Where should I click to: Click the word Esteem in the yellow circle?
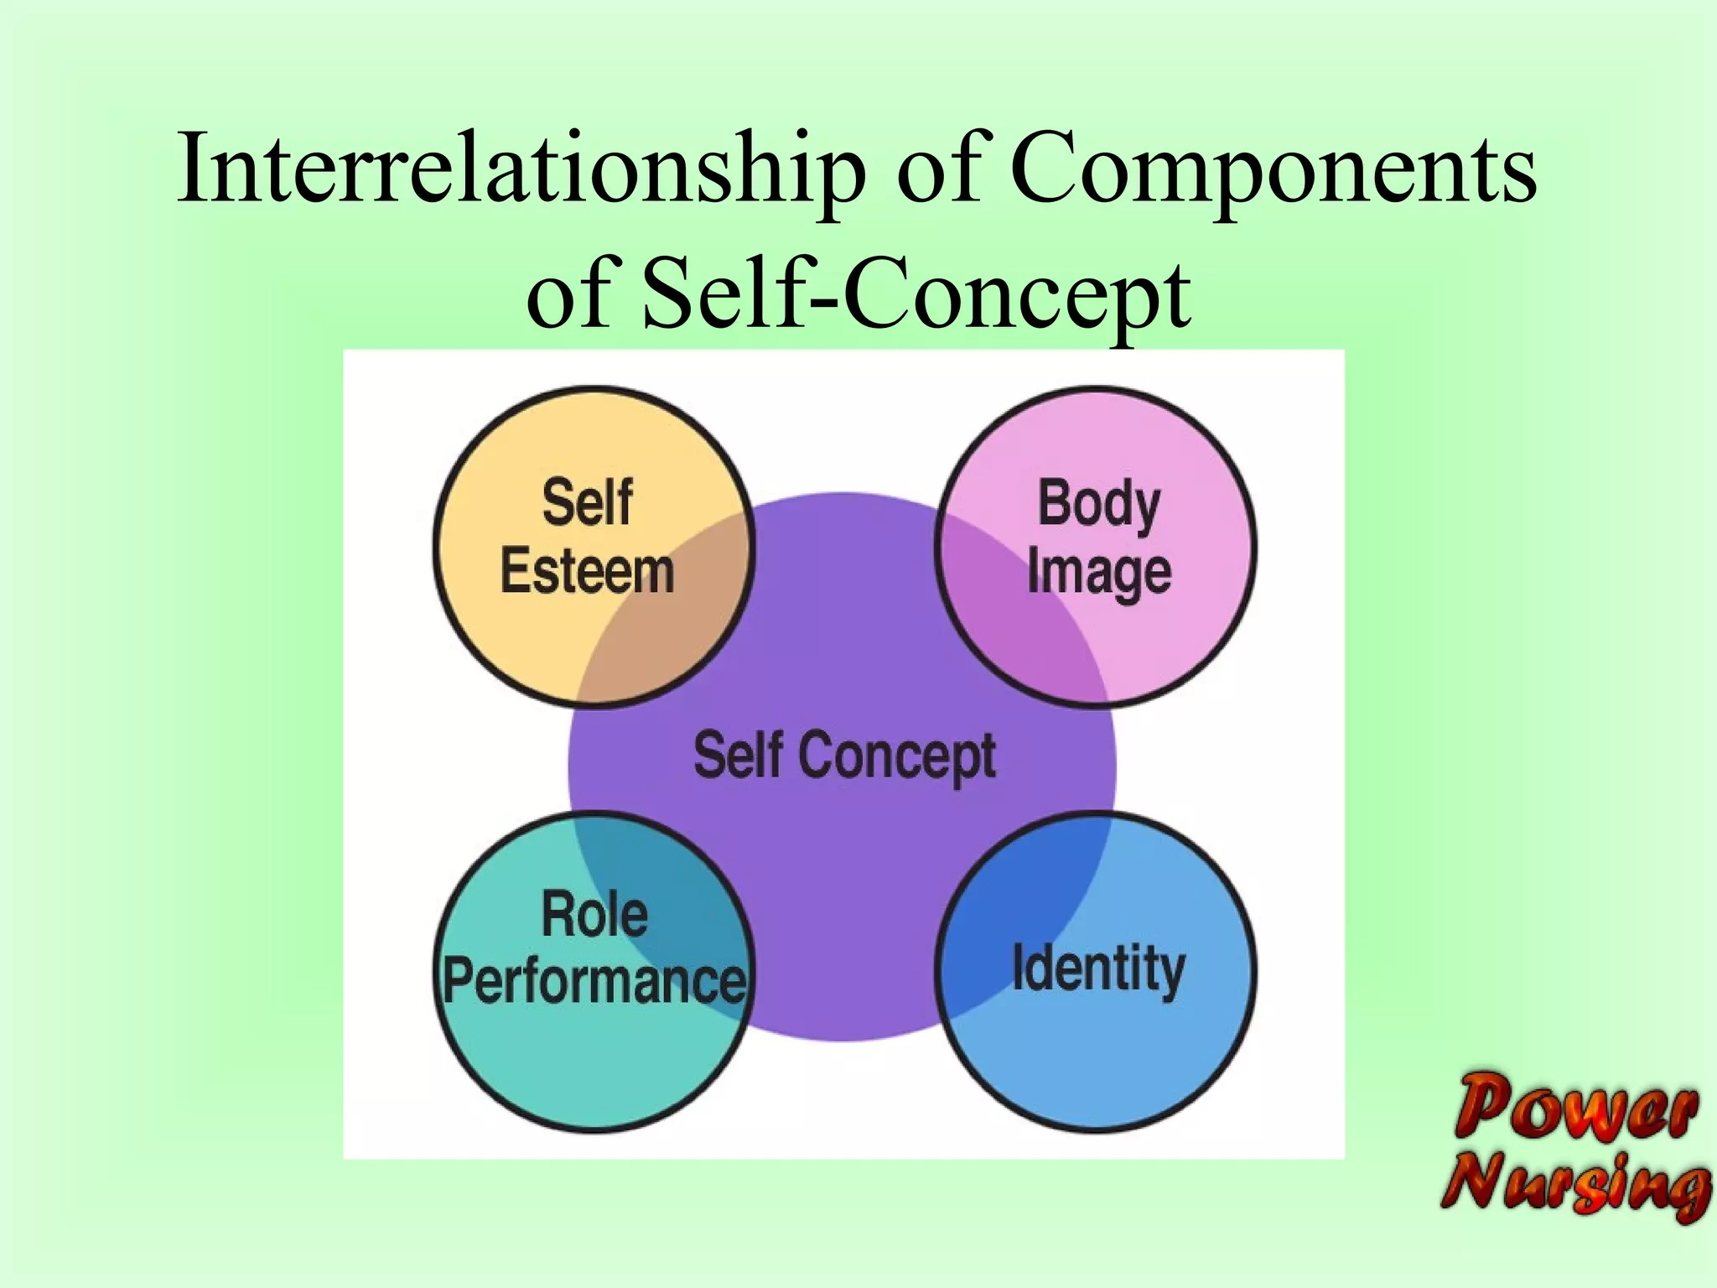click(x=587, y=572)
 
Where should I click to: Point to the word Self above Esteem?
click(x=587, y=503)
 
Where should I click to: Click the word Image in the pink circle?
click(x=1098, y=574)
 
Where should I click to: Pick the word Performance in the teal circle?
click(x=594, y=981)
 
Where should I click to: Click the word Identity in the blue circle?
click(x=1098, y=969)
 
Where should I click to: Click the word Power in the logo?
click(x=1576, y=1107)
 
